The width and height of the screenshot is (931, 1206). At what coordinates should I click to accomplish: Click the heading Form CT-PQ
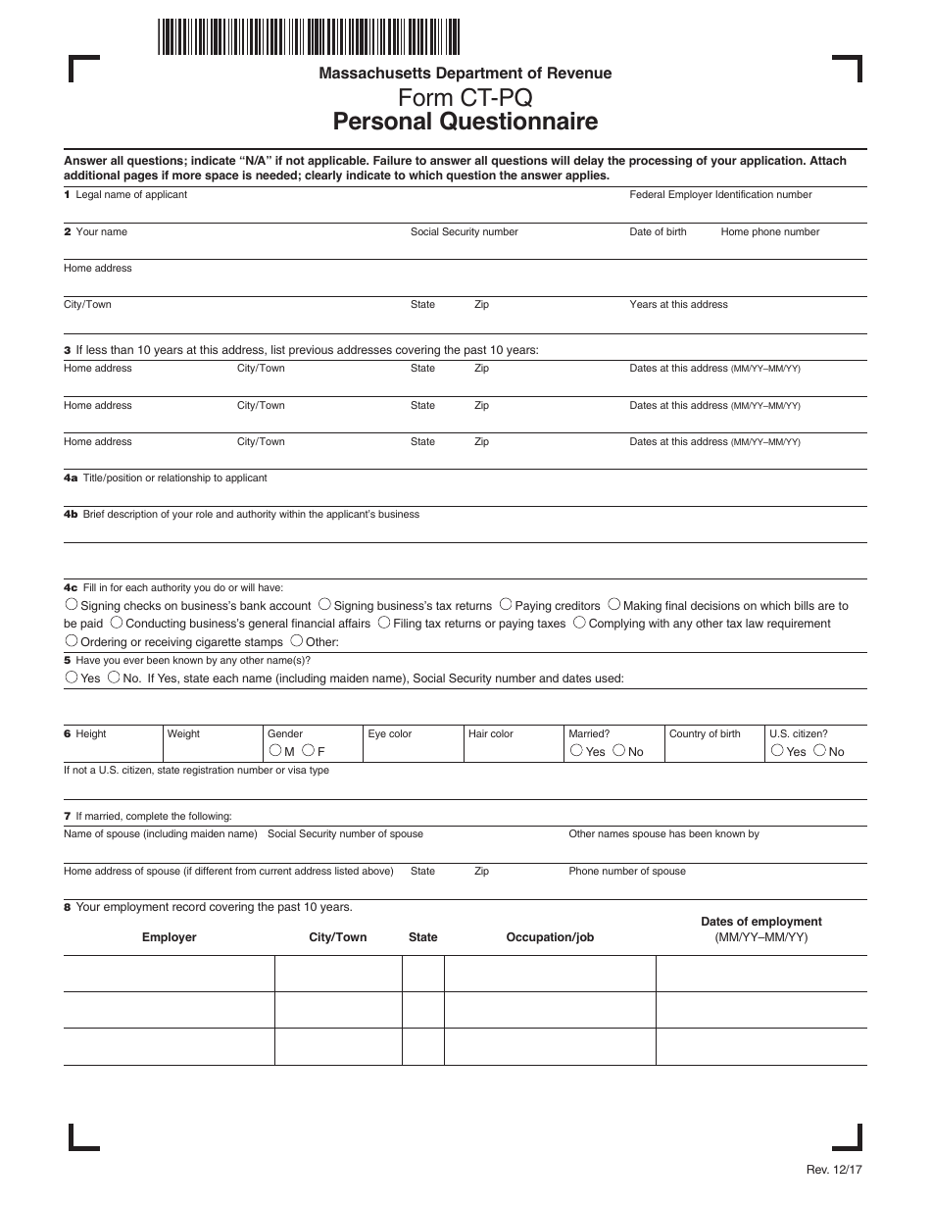pyautogui.click(x=465, y=98)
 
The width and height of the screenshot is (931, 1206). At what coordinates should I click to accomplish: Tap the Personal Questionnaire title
pyautogui.click(x=465, y=123)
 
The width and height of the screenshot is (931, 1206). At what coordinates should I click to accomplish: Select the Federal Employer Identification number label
pyautogui.click(x=720, y=194)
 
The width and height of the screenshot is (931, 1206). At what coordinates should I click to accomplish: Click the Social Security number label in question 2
pyautogui.click(x=464, y=231)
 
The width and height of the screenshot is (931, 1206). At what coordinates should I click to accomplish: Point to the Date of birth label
pyautogui.click(x=658, y=231)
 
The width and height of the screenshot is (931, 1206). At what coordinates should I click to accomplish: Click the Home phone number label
pyautogui.click(x=769, y=231)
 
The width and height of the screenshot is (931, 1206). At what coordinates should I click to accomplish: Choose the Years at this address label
pyautogui.click(x=678, y=304)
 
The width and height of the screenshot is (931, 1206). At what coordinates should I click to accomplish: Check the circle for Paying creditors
pyautogui.click(x=505, y=605)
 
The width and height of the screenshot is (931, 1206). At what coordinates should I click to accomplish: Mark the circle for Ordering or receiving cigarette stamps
pyautogui.click(x=71, y=641)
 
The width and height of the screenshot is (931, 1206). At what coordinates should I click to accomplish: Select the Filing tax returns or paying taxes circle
pyautogui.click(x=384, y=623)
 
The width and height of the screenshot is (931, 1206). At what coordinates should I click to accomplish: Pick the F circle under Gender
pyautogui.click(x=308, y=751)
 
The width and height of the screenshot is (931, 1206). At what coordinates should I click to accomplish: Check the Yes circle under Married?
pyautogui.click(x=575, y=751)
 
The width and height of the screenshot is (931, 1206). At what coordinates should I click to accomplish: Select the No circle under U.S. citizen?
pyautogui.click(x=819, y=751)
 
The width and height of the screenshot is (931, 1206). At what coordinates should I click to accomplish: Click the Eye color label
pyautogui.click(x=390, y=733)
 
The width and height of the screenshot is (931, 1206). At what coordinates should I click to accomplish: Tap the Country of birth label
pyautogui.click(x=705, y=733)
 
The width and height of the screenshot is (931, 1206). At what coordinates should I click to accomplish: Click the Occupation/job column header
pyautogui.click(x=550, y=937)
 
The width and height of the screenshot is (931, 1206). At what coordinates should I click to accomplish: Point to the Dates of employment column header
pyautogui.click(x=761, y=922)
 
